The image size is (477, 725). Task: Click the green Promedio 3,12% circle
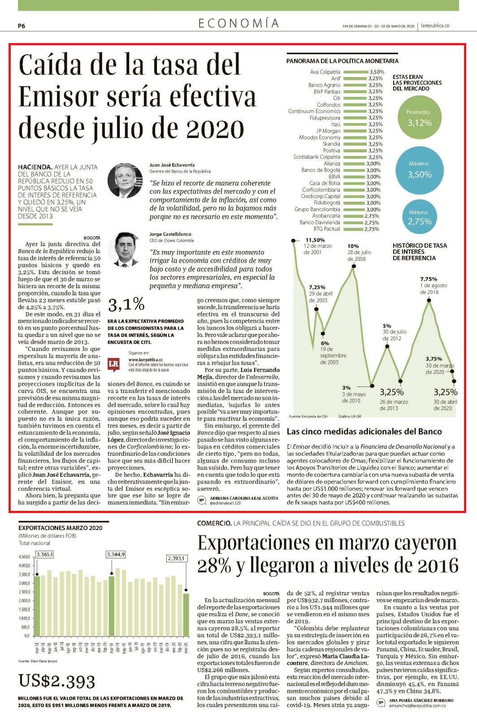pyautogui.click(x=419, y=118)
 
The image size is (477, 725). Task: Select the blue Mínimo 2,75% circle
pyautogui.click(x=419, y=217)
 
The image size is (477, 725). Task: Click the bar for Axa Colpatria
pyautogui.click(x=356, y=72)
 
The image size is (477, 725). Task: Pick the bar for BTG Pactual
pyautogui.click(x=353, y=229)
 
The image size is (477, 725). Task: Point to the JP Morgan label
pyautogui.click(x=328, y=131)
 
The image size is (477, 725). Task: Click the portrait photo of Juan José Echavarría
pyautogui.click(x=125, y=180)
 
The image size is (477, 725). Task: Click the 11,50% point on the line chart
pyautogui.click(x=293, y=241)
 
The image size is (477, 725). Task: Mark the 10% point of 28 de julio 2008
pyautogui.click(x=354, y=266)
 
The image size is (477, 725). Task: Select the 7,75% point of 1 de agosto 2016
pyautogui.click(x=429, y=300)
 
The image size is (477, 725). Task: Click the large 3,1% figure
pyautogui.click(x=126, y=305)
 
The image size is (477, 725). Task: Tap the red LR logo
pyautogui.click(x=113, y=363)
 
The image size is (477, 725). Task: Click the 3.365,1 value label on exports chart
pyautogui.click(x=45, y=554)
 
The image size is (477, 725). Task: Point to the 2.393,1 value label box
pyautogui.click(x=177, y=558)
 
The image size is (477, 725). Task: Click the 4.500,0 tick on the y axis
pyautogui.click(x=24, y=557)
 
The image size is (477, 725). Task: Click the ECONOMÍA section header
pyautogui.click(x=238, y=23)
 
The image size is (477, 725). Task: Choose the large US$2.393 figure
pyautogui.click(x=57, y=681)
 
